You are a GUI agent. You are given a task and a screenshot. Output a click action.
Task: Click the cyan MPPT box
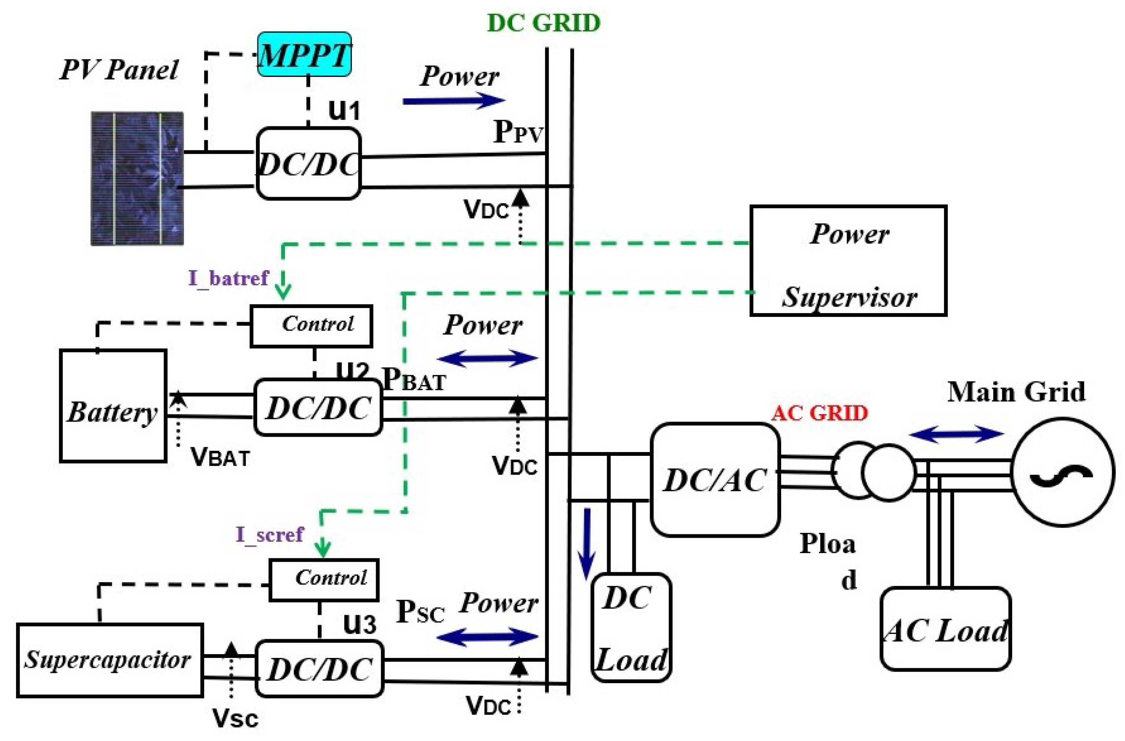[304, 54]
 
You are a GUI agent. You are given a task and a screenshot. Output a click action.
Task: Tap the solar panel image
[137, 178]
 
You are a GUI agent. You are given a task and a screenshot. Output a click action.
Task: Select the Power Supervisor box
[848, 260]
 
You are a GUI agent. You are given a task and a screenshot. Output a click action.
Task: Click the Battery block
[113, 406]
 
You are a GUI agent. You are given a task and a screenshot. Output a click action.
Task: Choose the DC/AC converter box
[714, 480]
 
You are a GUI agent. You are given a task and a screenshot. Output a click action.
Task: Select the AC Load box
[945, 628]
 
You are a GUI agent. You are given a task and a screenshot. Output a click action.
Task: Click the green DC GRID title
[543, 23]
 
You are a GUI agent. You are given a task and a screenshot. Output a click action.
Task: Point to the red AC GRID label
[820, 413]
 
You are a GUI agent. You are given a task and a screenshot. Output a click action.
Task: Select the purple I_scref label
[269, 535]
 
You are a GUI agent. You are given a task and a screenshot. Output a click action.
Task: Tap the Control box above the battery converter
[311, 326]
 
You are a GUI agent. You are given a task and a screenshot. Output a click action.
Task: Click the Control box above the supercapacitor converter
[324, 580]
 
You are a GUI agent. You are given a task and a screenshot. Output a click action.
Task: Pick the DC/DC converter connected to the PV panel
[309, 163]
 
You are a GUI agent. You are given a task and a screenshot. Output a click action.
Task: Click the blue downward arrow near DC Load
[587, 544]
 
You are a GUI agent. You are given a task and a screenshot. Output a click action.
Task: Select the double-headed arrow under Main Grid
[956, 434]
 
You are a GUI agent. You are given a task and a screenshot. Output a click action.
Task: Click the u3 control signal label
[360, 624]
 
